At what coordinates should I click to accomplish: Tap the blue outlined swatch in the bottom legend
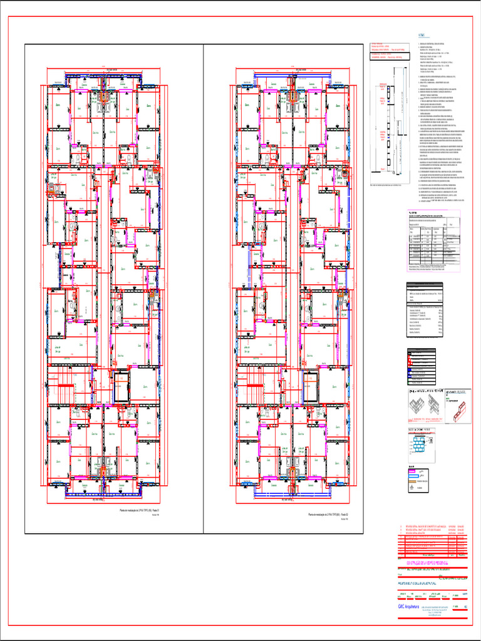413,476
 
